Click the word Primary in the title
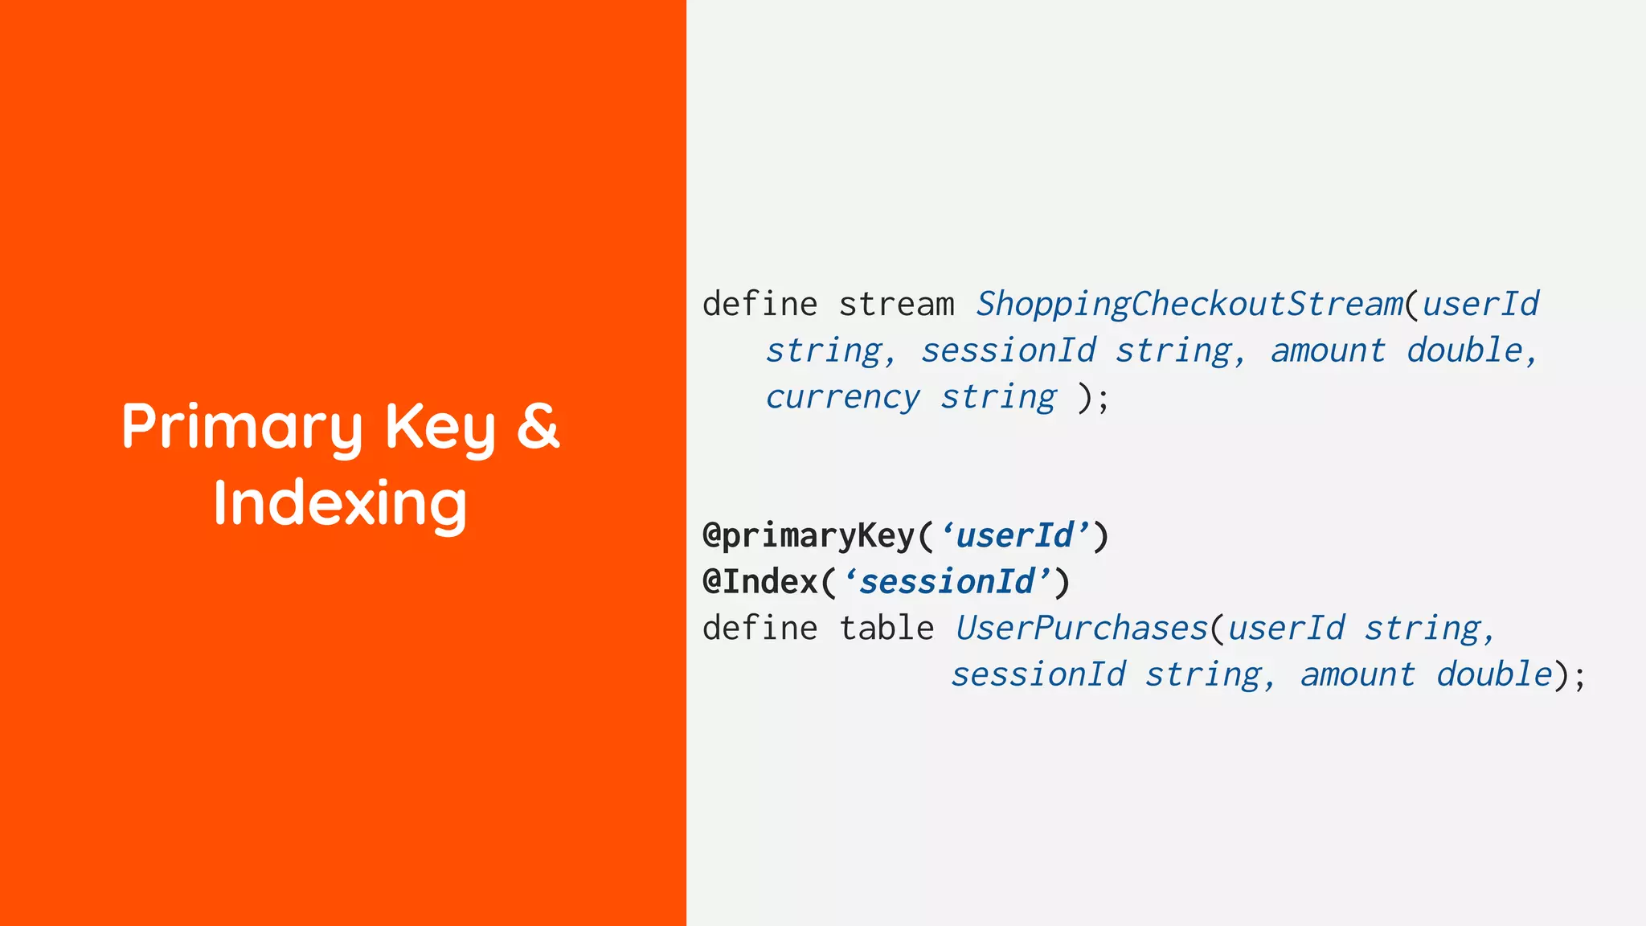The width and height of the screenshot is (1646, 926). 242,427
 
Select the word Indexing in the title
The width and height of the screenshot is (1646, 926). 340,504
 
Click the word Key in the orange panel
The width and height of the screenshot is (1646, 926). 440,427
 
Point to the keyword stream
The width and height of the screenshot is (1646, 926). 896,305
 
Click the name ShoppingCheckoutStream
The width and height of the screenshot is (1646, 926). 1189,305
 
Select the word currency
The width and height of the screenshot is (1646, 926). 842,397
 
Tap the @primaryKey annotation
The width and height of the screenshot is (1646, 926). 809,536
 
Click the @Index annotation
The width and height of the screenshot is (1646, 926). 760,582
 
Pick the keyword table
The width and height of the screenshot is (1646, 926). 886,629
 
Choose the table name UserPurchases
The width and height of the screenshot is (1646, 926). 1081,629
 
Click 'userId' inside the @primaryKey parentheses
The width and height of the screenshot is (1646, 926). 1015,536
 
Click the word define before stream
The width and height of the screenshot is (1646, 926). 760,305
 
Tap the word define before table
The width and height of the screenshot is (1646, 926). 760,629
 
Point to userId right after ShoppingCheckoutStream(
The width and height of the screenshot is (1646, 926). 1480,305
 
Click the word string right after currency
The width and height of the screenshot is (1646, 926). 998,397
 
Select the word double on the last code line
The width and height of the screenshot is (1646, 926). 1494,674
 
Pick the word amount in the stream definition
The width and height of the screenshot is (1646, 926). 1328,351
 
